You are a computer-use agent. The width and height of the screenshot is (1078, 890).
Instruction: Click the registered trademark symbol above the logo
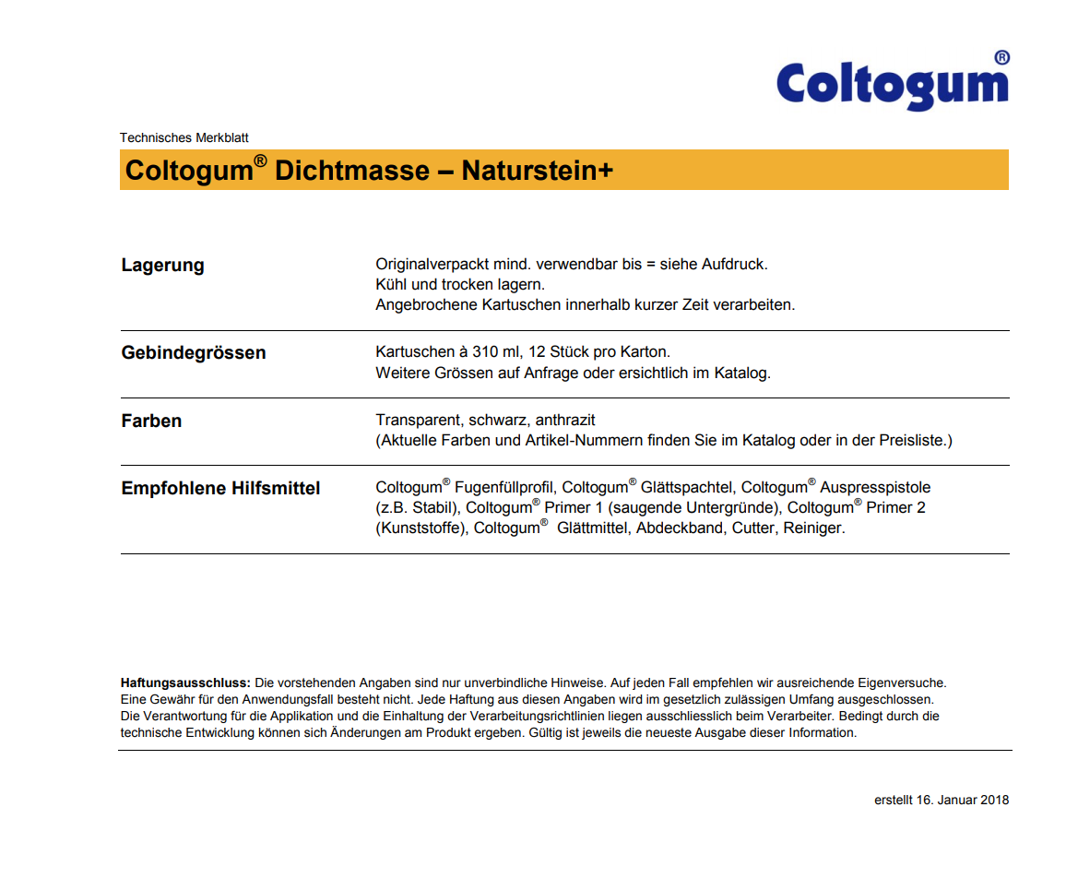pos(1001,57)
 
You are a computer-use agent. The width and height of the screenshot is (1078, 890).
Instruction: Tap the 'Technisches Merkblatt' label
pos(184,137)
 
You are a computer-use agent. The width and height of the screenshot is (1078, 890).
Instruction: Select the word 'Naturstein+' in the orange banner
pos(538,171)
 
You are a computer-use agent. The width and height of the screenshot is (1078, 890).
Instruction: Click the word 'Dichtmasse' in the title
pos(352,171)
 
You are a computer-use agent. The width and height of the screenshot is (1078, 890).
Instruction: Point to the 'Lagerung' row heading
pos(163,266)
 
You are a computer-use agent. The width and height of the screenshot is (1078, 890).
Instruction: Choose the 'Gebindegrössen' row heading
pos(194,352)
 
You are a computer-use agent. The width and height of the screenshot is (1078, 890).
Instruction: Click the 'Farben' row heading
pos(151,421)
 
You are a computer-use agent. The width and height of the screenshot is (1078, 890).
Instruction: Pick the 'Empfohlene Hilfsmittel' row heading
pos(220,488)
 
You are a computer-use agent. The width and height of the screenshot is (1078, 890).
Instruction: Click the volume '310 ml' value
pos(492,352)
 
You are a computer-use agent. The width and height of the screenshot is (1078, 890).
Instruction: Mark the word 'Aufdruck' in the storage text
pos(734,264)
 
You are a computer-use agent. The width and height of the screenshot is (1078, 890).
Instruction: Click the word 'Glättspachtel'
pos(685,487)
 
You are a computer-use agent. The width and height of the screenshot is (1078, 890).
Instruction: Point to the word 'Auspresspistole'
pos(876,487)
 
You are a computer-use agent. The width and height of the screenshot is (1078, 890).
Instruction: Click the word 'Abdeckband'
pos(680,528)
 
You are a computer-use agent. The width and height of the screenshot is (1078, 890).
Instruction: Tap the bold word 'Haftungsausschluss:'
pos(185,683)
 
